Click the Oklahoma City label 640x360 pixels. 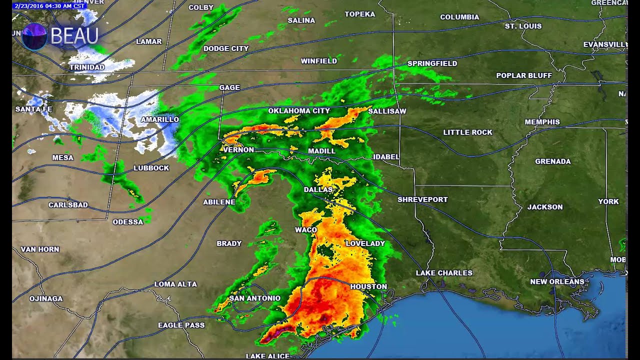coord(299,111)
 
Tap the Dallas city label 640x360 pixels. coord(318,190)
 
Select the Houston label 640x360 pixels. coord(368,286)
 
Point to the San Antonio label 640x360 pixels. coord(255,298)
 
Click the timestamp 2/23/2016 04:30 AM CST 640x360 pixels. coord(49,6)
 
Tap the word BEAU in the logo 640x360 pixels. coord(74,36)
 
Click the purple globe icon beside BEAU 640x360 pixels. coord(34,36)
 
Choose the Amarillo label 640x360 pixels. coord(160,119)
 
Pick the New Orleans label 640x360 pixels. coord(557,281)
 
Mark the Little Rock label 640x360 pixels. coord(468,132)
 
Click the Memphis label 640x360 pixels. coord(542,122)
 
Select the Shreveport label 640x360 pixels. coord(422,199)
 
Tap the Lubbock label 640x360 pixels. coord(151,168)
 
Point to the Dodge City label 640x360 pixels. coord(226,48)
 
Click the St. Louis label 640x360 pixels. coord(523,26)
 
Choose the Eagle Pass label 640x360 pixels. coord(181,325)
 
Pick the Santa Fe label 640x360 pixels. coord(33,109)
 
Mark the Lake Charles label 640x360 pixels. coord(444,273)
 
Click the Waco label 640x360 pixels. coord(306,230)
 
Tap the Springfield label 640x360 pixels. coord(432,63)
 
